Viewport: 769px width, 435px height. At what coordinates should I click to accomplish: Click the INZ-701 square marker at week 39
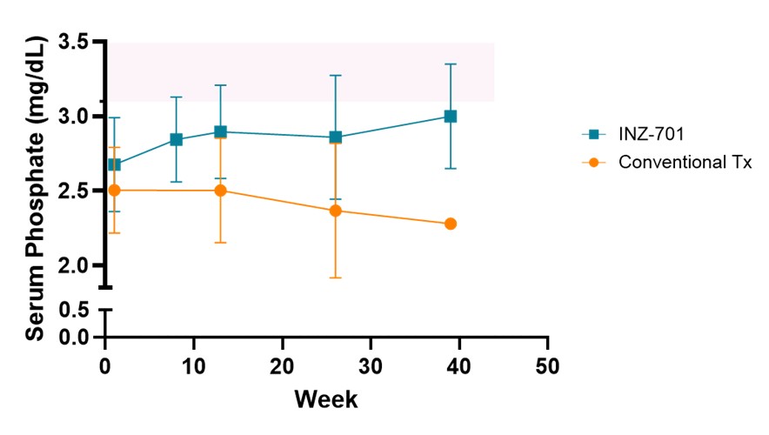[x=451, y=116]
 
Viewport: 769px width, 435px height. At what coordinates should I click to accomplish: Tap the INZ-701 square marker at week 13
[x=221, y=131]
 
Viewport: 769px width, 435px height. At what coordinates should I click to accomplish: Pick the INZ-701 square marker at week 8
[x=177, y=139]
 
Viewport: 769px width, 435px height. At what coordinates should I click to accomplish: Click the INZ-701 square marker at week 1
[x=115, y=164]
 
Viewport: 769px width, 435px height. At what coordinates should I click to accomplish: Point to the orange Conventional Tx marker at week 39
[x=451, y=224]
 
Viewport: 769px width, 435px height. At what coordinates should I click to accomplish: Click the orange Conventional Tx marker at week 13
[x=221, y=190]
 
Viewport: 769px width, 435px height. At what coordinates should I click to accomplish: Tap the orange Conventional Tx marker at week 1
[x=115, y=190]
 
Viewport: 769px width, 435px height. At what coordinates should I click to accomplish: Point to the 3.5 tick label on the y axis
[x=74, y=42]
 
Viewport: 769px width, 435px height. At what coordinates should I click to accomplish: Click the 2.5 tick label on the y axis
[x=74, y=191]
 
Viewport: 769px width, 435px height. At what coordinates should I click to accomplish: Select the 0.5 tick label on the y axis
[x=74, y=311]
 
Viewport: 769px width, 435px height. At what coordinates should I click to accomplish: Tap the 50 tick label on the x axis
[x=548, y=362]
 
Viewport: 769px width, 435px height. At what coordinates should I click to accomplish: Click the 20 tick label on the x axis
[x=283, y=362]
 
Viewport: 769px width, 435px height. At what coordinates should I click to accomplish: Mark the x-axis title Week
[x=326, y=399]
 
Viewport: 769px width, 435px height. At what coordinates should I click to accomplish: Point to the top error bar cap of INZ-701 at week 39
[x=451, y=64]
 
